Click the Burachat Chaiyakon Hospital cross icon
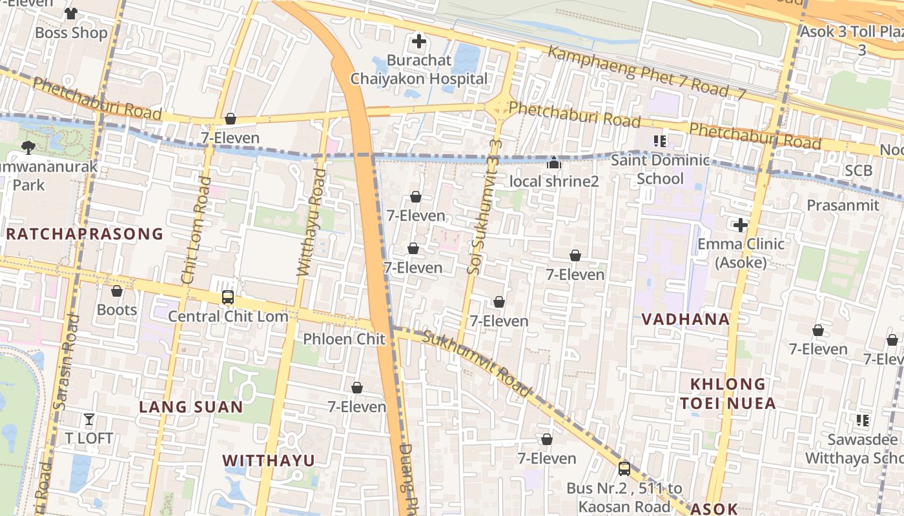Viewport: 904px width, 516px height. point(419,42)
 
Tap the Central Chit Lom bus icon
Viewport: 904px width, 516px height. point(228,297)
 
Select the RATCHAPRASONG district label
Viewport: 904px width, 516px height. point(85,234)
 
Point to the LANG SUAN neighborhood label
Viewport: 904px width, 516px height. point(191,407)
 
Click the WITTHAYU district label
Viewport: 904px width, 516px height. point(269,461)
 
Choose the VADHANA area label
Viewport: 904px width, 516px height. point(686,319)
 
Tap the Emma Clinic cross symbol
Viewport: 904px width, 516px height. point(741,225)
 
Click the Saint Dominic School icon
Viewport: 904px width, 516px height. point(659,141)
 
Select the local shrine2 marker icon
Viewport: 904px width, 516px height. point(554,163)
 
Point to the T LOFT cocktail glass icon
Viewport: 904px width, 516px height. point(89,419)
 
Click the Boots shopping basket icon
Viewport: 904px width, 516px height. point(117,291)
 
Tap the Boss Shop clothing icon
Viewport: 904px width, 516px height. point(71,13)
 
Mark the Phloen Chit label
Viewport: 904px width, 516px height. point(344,339)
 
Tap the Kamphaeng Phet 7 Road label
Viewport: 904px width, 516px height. point(646,72)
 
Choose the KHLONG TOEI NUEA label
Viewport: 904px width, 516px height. point(728,394)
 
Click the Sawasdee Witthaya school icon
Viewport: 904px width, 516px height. point(862,421)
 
